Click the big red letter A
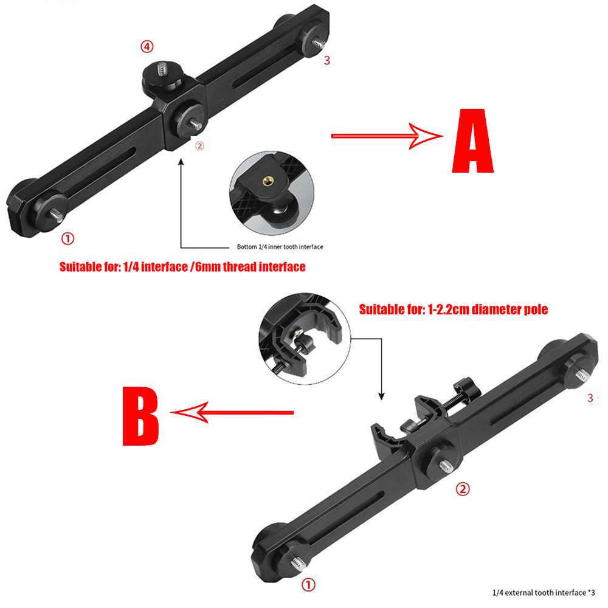pos(472,141)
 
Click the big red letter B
pos(141,416)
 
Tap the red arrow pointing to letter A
pos(387,136)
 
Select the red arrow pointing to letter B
pos(232,412)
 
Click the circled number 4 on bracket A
pos(147,47)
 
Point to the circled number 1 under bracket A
pos(68,238)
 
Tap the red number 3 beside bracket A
pos(327,60)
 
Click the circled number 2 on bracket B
pos(463,489)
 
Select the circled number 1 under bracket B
pos(309,585)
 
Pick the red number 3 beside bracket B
pos(590,398)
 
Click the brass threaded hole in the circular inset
pos(268,181)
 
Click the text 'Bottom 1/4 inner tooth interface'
pos(280,247)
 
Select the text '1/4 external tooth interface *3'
pos(544,592)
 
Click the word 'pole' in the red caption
pos(536,309)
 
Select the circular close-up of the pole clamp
pos(305,339)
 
